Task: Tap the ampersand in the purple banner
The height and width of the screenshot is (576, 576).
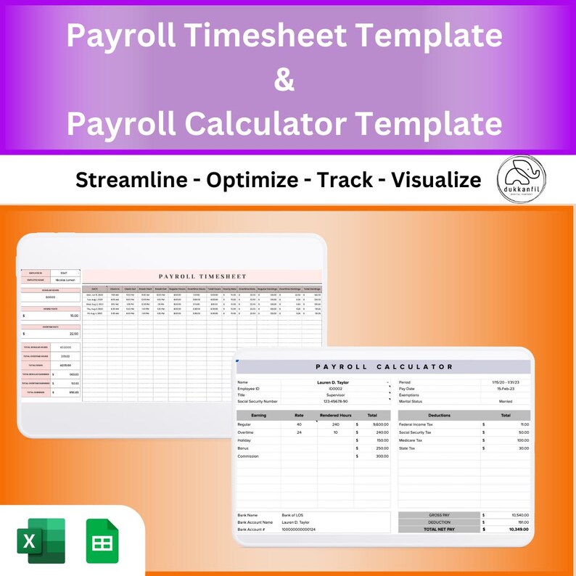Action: click(285, 79)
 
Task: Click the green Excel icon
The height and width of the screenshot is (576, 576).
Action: click(41, 540)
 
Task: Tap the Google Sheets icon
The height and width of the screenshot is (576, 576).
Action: click(102, 540)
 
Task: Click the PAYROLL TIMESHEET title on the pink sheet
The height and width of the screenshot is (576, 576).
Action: click(202, 276)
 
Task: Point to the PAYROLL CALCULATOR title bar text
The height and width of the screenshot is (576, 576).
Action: click(385, 367)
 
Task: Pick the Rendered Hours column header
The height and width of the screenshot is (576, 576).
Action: click(334, 416)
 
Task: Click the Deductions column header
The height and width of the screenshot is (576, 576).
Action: click(439, 416)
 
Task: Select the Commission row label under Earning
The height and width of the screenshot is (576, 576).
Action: click(248, 456)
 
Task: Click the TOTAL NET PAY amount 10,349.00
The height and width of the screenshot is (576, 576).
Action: click(519, 530)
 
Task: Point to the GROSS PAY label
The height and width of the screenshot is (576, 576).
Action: click(440, 515)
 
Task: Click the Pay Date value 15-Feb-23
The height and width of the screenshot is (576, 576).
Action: click(506, 388)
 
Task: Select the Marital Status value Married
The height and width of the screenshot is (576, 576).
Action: click(506, 401)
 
